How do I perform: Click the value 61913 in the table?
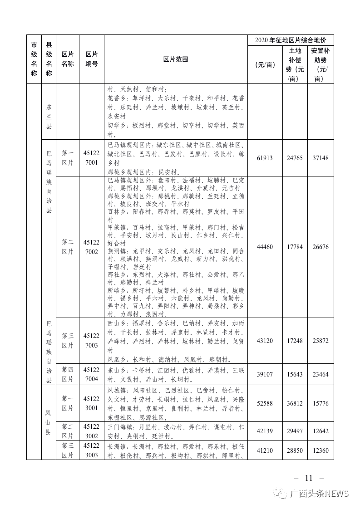[x=265, y=158]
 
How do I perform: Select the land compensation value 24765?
[x=295, y=158]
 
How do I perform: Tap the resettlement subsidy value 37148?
[x=321, y=158]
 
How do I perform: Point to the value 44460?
[x=265, y=247]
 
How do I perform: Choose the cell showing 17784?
[x=295, y=247]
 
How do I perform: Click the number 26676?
[x=321, y=247]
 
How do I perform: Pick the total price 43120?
[x=265, y=341]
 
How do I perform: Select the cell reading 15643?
[x=295, y=375]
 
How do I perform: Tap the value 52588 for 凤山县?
[x=265, y=403]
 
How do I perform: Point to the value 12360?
[x=321, y=450]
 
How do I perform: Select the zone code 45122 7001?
[x=91, y=158]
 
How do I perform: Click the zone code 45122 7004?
[x=91, y=375]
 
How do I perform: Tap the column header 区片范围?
[x=176, y=59]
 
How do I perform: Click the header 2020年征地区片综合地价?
[x=291, y=40]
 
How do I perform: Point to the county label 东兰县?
[x=49, y=117]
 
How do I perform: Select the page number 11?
[x=309, y=478]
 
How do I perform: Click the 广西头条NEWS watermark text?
[x=319, y=494]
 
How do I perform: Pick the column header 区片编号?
[x=91, y=59]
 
